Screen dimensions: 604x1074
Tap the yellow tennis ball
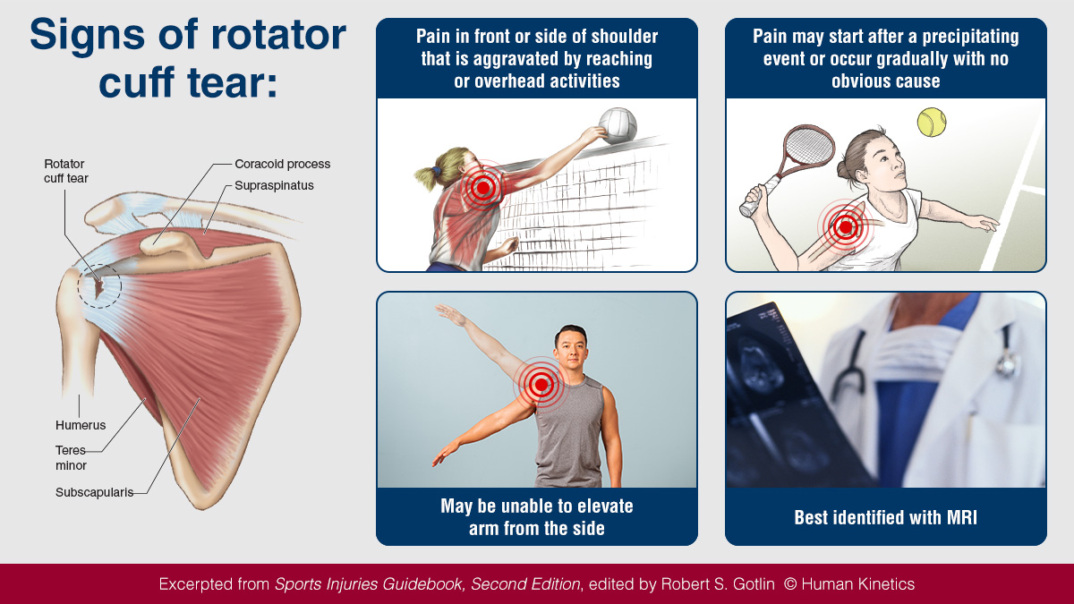coord(931,122)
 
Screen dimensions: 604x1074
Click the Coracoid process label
coord(283,165)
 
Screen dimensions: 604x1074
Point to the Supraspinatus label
coord(274,186)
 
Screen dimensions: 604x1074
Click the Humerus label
coord(81,425)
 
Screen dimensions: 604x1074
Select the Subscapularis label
coord(94,492)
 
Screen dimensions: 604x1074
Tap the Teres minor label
coord(72,458)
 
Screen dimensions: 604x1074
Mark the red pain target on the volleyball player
coord(483,187)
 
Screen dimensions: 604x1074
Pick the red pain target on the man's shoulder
coord(540,386)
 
